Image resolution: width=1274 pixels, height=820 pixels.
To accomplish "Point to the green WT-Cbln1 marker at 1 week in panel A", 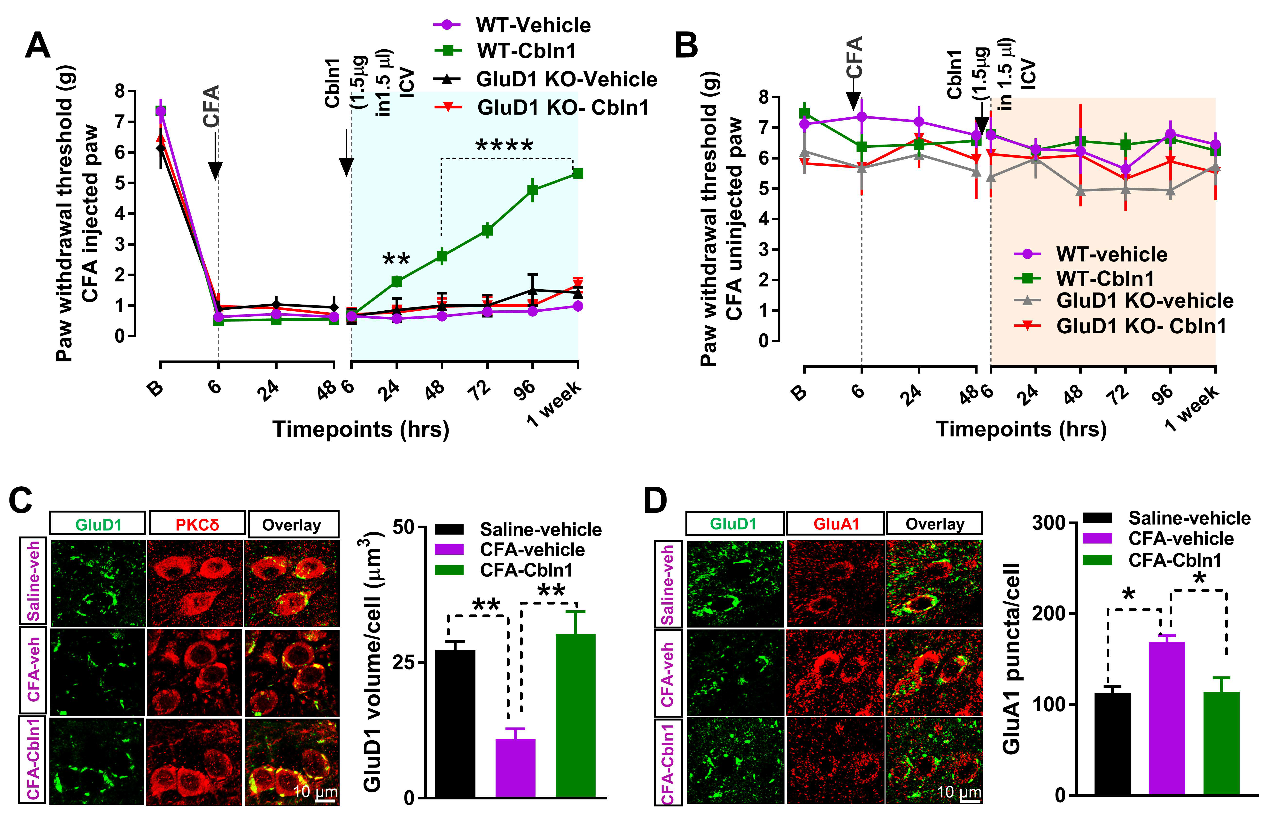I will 577,174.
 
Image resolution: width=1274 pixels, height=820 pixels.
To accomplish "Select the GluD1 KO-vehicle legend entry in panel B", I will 1144,301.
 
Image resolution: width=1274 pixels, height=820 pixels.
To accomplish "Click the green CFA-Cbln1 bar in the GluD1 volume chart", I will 575,715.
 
